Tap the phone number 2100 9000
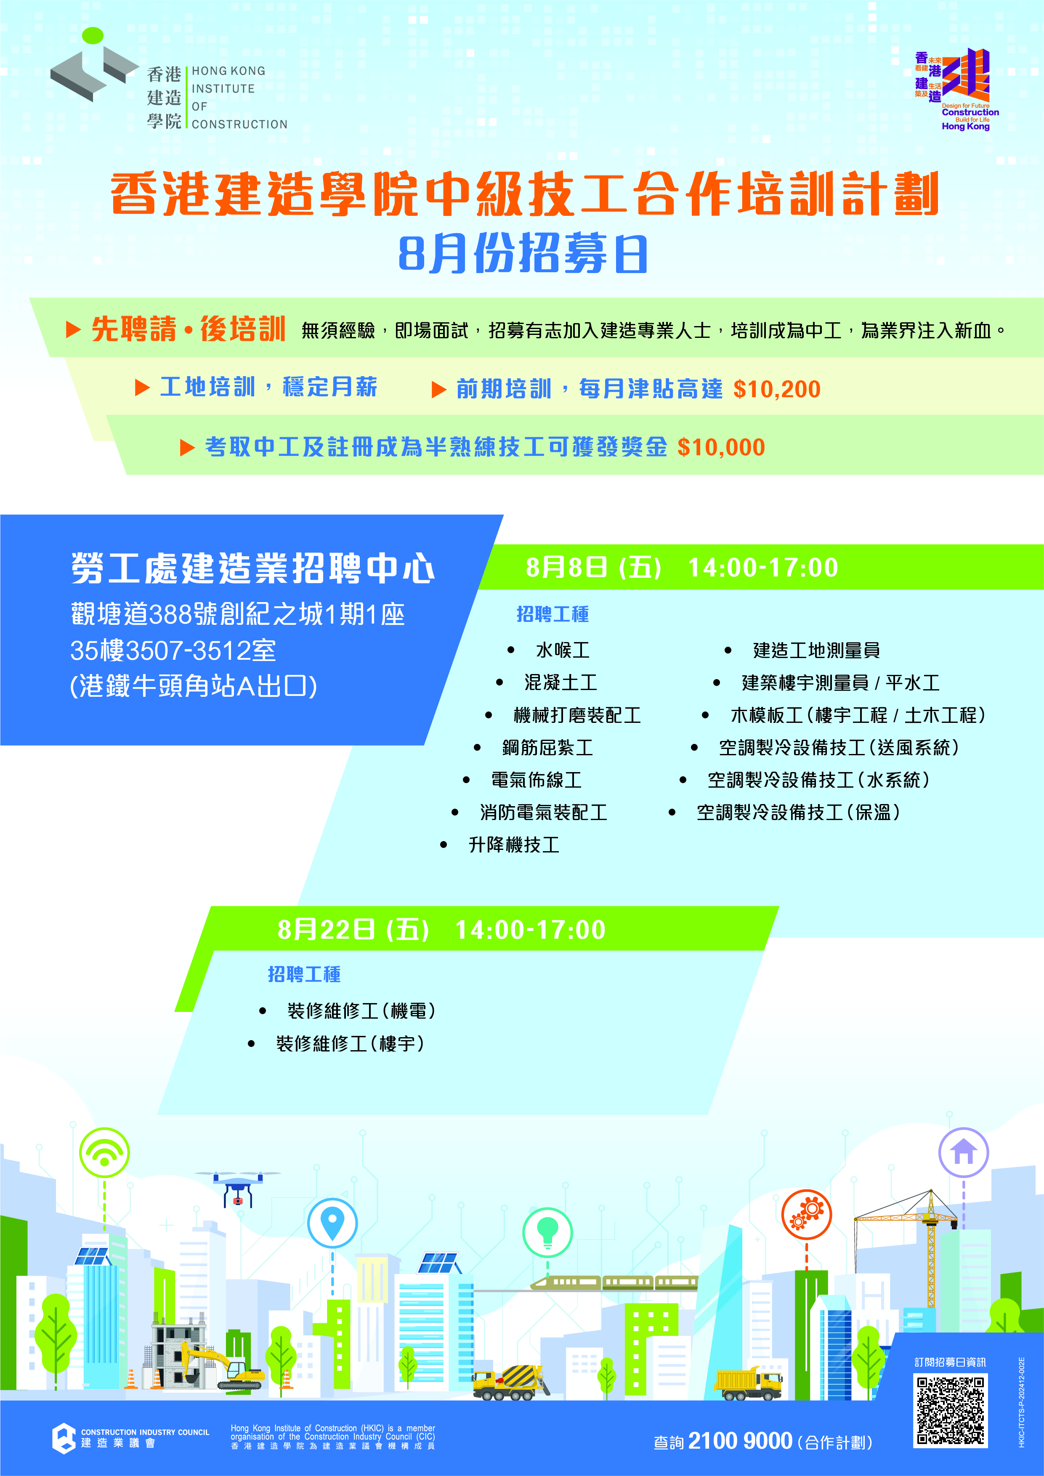[x=740, y=1441]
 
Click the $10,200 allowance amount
[x=776, y=389]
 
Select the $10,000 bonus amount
[x=721, y=447]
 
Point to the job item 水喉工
[x=563, y=650]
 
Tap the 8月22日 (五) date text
[x=353, y=929]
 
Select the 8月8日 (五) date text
[x=593, y=568]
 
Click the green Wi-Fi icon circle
[x=104, y=1152]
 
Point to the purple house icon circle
[x=964, y=1152]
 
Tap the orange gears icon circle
[x=807, y=1214]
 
